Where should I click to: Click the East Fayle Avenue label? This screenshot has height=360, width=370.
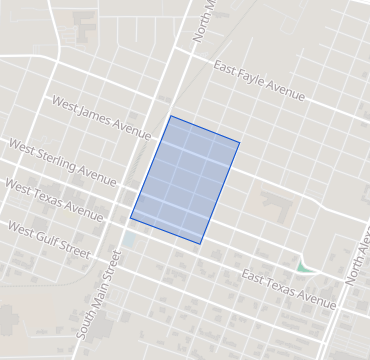tap(259, 81)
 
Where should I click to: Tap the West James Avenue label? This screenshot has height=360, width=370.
tap(100, 115)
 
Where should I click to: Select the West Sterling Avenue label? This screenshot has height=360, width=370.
tap(62, 160)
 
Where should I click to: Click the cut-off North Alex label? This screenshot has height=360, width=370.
tap(357, 263)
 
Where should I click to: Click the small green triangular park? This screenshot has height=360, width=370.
tap(304, 267)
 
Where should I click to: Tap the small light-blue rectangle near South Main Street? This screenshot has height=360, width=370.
tap(131, 241)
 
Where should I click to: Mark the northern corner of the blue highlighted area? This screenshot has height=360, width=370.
tap(170, 116)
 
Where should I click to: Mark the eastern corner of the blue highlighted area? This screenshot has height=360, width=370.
tap(240, 142)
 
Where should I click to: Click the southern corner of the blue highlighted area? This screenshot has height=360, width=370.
tap(200, 244)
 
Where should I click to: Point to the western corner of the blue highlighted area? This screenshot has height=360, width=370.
tap(130, 217)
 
